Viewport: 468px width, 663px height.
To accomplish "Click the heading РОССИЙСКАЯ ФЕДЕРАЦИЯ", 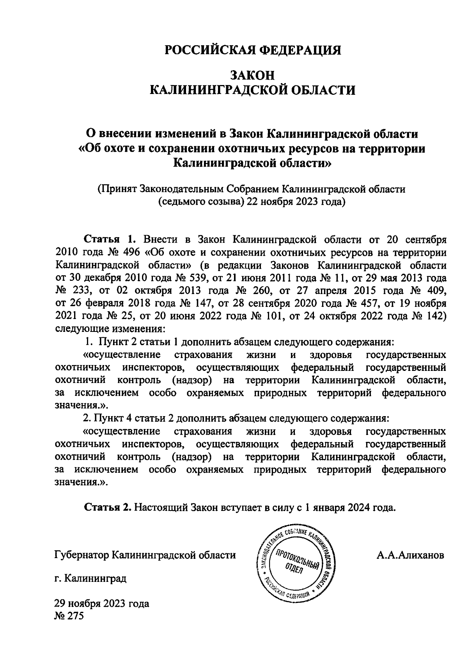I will tap(252, 50).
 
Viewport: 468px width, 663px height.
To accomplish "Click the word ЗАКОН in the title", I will tap(252, 74).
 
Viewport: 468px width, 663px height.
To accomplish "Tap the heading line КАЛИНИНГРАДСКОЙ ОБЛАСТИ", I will tap(252, 90).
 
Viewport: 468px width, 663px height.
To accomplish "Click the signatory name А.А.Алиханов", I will tap(410, 555).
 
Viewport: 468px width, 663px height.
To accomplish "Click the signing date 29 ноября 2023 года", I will tap(102, 604).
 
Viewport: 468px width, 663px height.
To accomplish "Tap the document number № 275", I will tap(69, 617).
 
